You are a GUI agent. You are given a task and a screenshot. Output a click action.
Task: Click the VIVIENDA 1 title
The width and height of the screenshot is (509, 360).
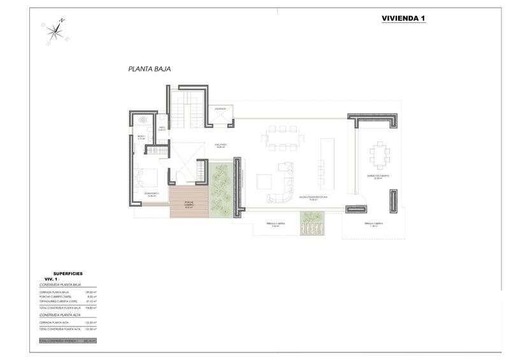403,18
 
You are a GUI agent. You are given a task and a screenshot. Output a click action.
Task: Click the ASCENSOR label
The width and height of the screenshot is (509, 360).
220,108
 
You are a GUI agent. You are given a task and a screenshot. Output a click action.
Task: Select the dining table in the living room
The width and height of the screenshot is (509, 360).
281,138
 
